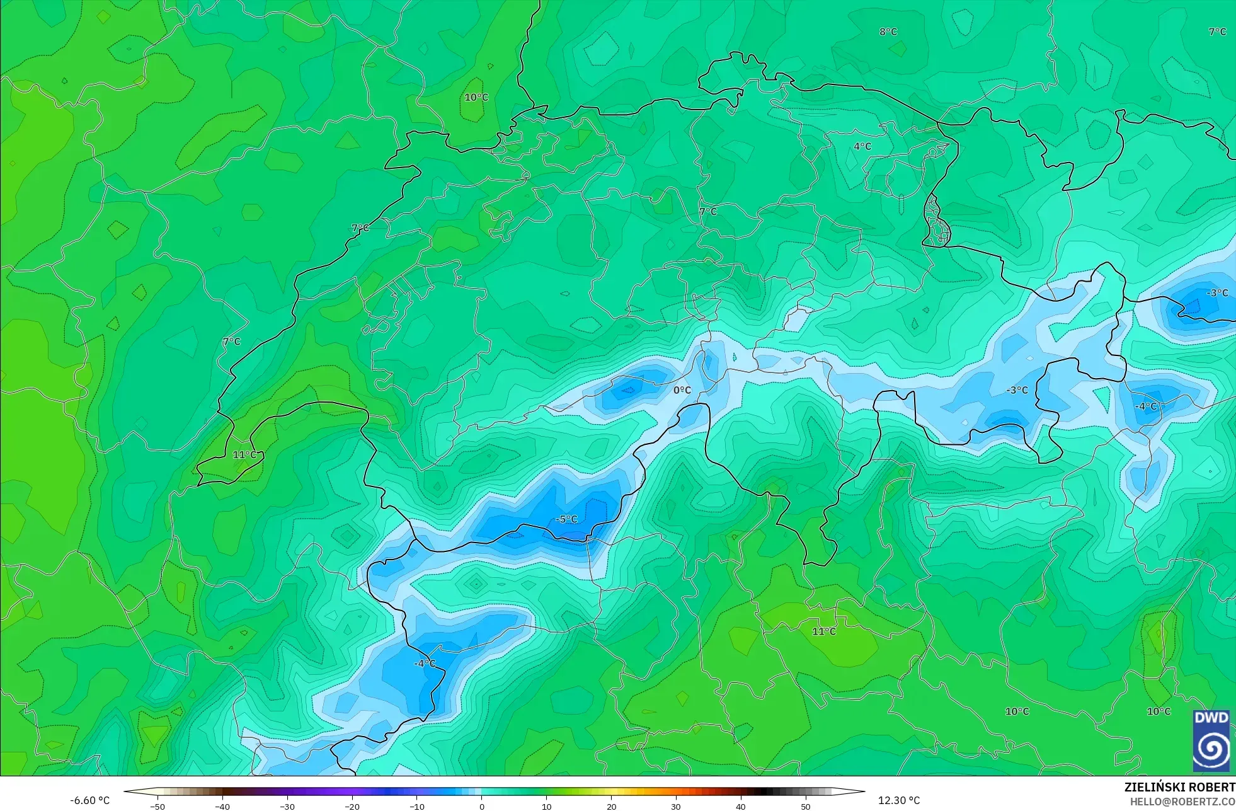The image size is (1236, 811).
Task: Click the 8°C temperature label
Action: [x=888, y=32]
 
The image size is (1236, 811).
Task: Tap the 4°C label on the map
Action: [x=862, y=146]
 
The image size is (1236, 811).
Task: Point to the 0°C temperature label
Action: [x=682, y=390]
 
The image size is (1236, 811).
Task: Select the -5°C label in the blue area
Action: [x=566, y=519]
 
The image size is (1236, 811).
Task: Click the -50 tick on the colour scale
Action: [x=157, y=806]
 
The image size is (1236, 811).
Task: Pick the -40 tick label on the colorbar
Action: [x=222, y=806]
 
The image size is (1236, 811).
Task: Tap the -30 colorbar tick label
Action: [x=287, y=806]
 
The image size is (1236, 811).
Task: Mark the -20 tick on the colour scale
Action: [x=352, y=806]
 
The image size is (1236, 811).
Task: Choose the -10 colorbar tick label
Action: [x=417, y=806]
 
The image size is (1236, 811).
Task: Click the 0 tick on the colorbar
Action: [x=482, y=806]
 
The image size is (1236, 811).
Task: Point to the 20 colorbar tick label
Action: [x=611, y=806]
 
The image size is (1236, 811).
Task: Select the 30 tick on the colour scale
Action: [x=676, y=806]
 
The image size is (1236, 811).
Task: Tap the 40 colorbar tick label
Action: [x=741, y=806]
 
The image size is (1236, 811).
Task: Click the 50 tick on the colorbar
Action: [x=806, y=806]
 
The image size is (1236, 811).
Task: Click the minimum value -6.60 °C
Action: [x=89, y=800]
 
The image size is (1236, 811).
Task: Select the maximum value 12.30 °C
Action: [x=899, y=800]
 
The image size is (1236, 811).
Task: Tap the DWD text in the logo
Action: [x=1211, y=718]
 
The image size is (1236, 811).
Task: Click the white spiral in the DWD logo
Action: [x=1211, y=749]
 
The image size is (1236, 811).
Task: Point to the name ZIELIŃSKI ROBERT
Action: [x=1179, y=787]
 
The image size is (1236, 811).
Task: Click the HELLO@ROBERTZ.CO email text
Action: [x=1182, y=802]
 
